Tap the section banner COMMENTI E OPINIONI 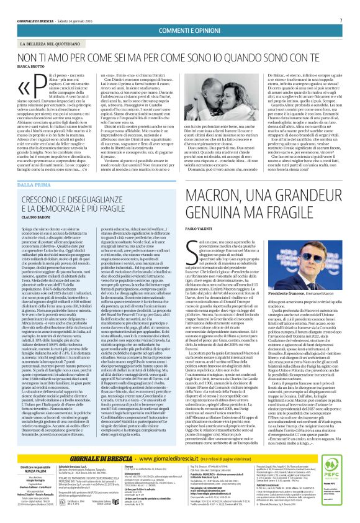[x=180, y=31]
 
